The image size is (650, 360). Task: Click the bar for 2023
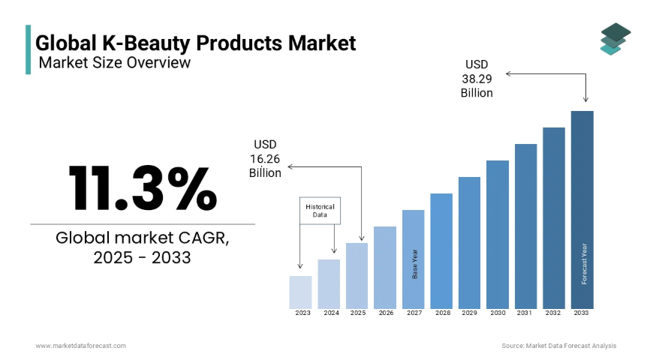[x=300, y=292]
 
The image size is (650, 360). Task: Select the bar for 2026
[x=385, y=268]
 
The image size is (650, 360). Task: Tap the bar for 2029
[x=469, y=243]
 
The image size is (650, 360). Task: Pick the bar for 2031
[x=525, y=226]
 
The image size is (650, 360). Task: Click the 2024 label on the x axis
[x=331, y=313]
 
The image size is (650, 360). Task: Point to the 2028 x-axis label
[x=443, y=313]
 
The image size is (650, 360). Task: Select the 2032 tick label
[x=552, y=313]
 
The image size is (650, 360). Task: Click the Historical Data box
[x=320, y=211]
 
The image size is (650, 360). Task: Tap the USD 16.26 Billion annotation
[x=265, y=159]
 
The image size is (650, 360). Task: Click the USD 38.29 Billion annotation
[x=477, y=79]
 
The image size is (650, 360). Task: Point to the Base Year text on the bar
[x=415, y=264]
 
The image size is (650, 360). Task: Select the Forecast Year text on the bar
[x=584, y=264]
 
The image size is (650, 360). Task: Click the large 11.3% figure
[x=143, y=188]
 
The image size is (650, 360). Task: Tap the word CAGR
[x=203, y=238]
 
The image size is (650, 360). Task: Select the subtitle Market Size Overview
[x=114, y=62]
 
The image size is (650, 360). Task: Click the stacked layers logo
[x=615, y=39]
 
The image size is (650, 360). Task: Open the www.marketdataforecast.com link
[x=81, y=346]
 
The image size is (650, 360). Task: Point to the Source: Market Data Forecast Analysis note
[x=558, y=346]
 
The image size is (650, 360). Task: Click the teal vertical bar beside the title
[x=29, y=49]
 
